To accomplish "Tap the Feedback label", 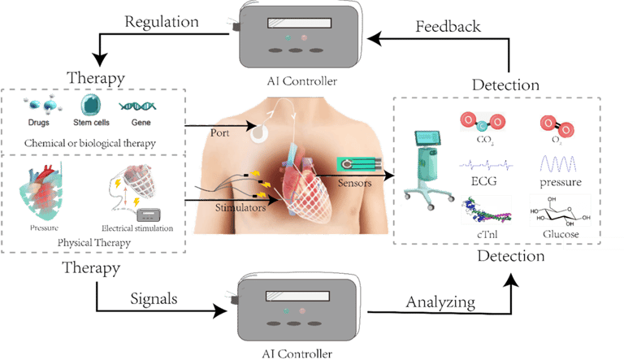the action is click(448, 26).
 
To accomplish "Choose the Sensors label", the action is click(355, 184).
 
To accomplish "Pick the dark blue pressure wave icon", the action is click(558, 163).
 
